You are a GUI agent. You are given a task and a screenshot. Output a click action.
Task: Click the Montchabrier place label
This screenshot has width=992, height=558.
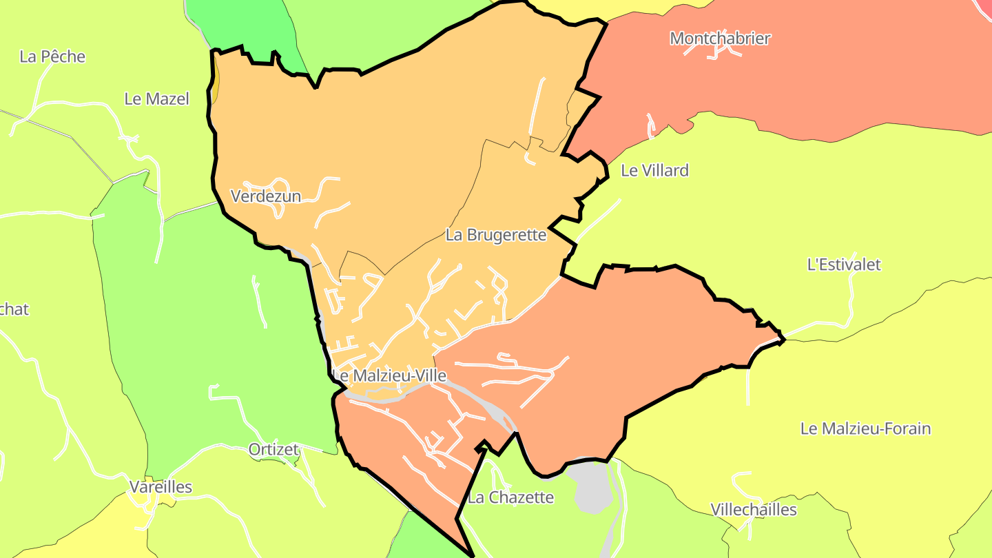pyautogui.click(x=720, y=39)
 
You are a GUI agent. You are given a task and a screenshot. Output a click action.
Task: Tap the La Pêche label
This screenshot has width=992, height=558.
pyautogui.click(x=52, y=56)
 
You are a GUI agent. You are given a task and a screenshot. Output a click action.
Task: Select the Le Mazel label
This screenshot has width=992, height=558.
pyautogui.click(x=156, y=99)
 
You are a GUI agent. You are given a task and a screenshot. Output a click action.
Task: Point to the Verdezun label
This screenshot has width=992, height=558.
pyautogui.click(x=266, y=196)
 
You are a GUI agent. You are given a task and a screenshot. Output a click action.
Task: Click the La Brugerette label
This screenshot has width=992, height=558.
pyautogui.click(x=496, y=235)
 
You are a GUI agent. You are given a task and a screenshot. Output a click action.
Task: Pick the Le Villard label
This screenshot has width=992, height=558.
pyautogui.click(x=654, y=171)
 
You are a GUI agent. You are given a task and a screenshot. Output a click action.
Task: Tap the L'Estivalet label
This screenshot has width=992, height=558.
pyautogui.click(x=844, y=265)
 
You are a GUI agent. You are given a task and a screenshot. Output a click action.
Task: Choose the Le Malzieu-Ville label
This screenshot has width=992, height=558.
pyautogui.click(x=389, y=376)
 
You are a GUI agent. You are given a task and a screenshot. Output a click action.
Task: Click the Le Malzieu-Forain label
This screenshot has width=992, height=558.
pyautogui.click(x=865, y=428)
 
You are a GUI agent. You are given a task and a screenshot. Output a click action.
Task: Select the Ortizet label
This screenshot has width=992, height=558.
pyautogui.click(x=273, y=450)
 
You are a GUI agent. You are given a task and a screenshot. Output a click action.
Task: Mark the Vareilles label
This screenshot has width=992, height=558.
pyautogui.click(x=161, y=487)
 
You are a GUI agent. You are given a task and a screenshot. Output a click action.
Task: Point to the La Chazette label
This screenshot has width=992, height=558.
pyautogui.click(x=510, y=497)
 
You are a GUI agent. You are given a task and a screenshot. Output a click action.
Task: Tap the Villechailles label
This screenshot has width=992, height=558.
pyautogui.click(x=754, y=510)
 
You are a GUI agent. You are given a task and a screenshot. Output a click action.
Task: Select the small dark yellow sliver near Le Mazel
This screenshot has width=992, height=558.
pyautogui.click(x=215, y=83)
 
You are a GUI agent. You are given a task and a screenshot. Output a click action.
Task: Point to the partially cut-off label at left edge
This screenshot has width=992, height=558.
pyautogui.click(x=14, y=309)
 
